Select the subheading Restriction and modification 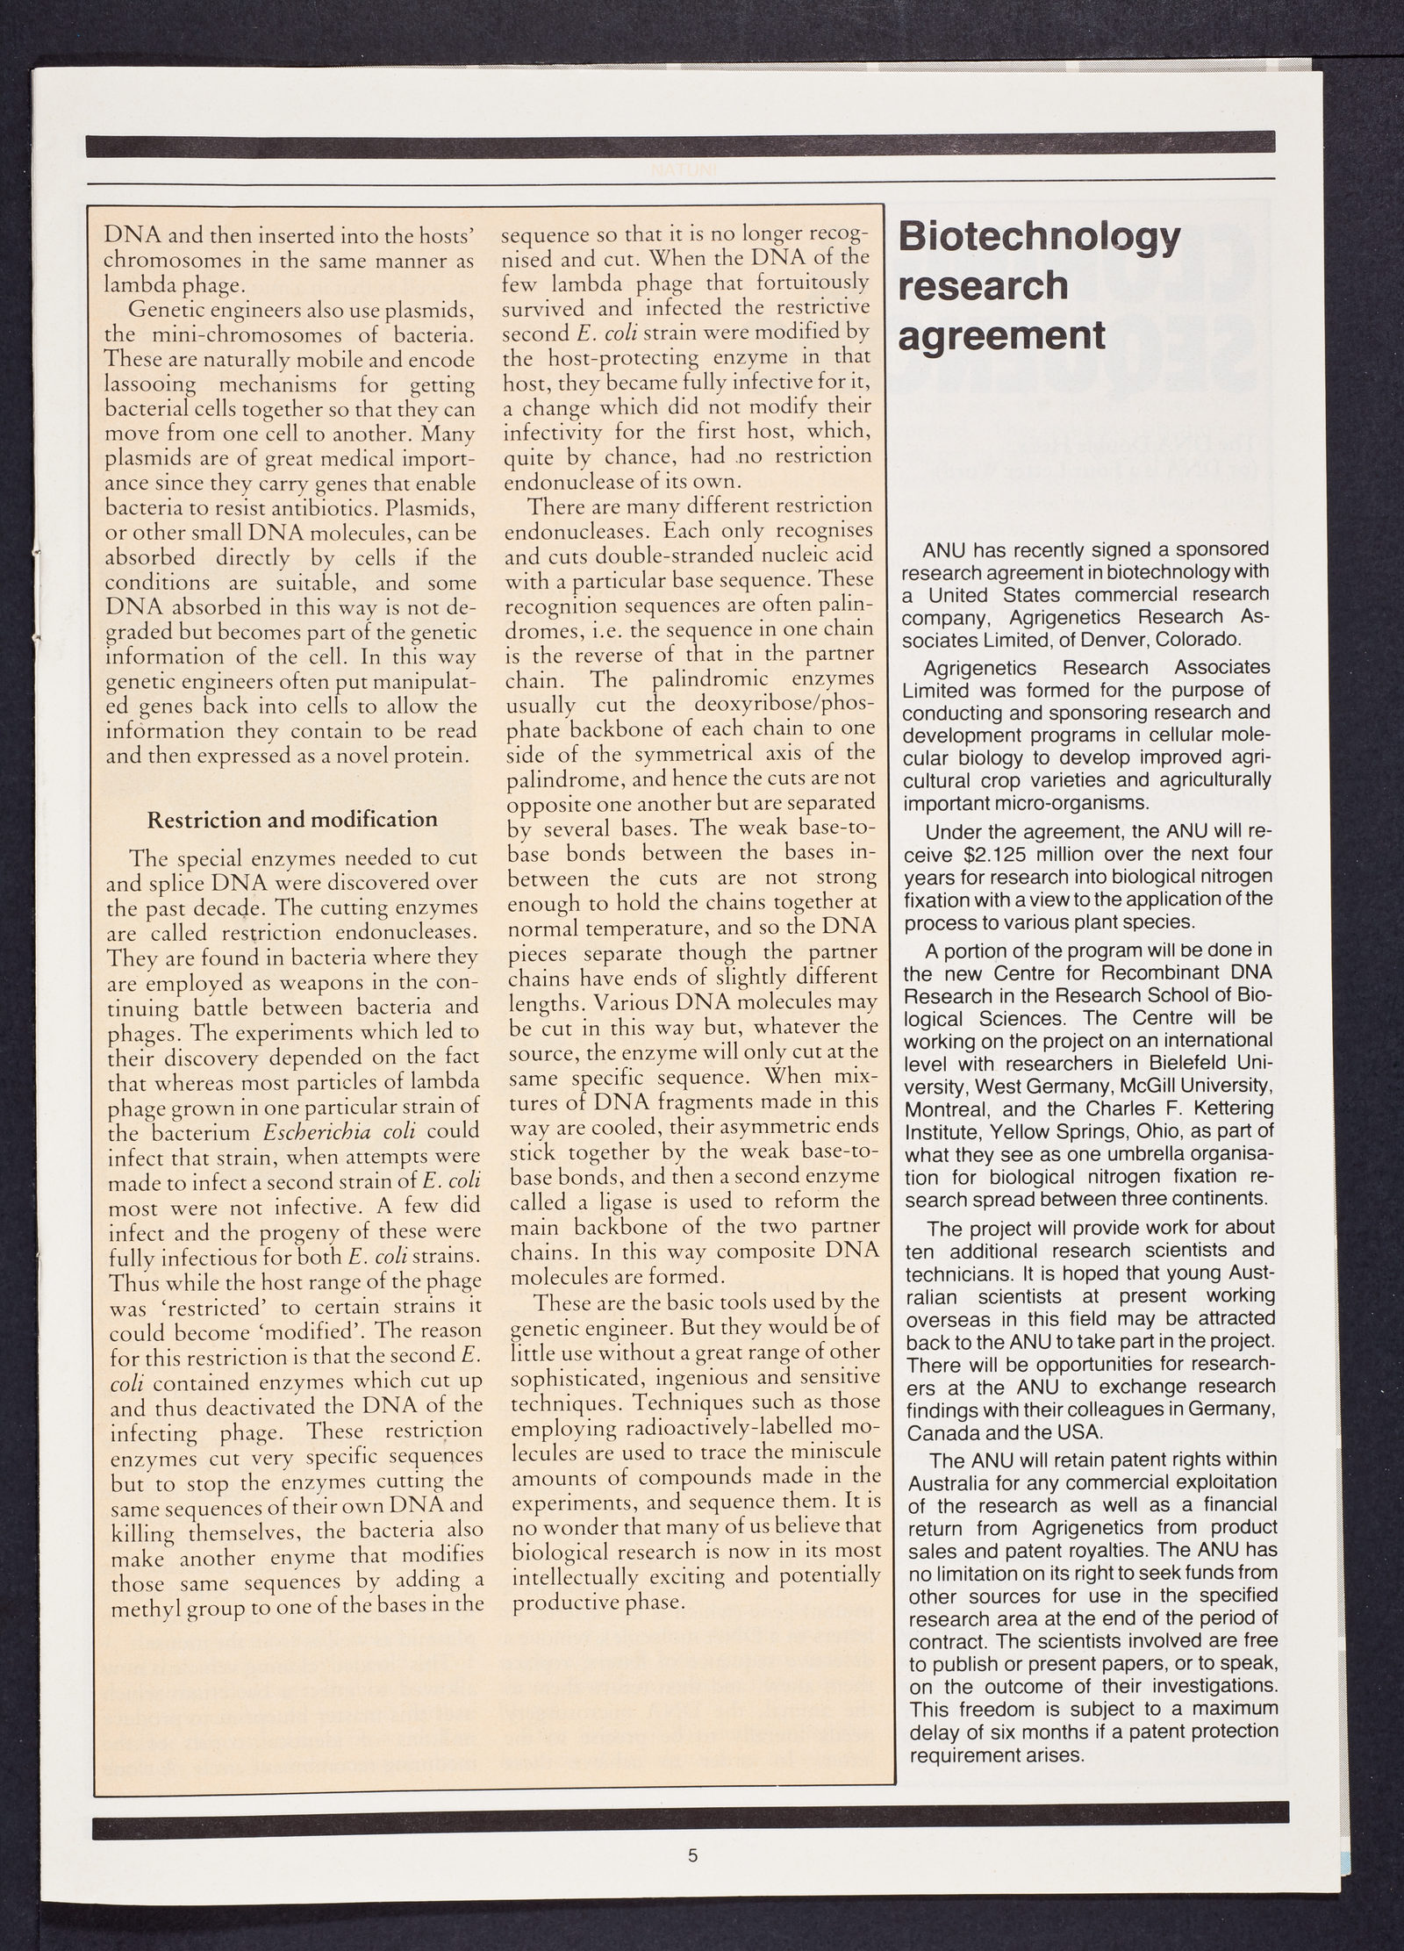point(291,820)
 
